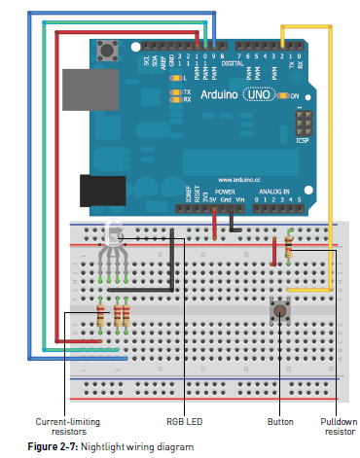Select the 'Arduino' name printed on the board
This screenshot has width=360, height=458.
coord(222,98)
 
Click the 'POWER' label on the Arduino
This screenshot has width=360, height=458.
coord(226,193)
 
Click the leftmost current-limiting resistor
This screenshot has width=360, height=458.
coord(101,316)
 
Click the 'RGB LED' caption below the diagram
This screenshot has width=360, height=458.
coord(183,422)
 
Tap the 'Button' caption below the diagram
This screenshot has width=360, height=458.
coord(279,422)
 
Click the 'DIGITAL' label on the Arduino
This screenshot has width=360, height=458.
coord(232,61)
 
